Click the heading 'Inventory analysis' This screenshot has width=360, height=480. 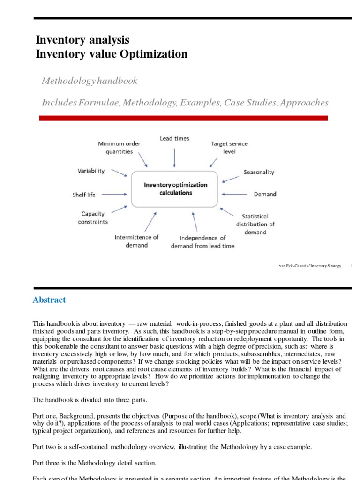click(82, 39)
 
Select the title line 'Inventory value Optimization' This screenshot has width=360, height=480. click(112, 54)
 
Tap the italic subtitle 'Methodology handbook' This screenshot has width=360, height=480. click(90, 81)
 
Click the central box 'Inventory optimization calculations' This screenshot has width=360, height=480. click(174, 188)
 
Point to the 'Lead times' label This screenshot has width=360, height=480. click(174, 139)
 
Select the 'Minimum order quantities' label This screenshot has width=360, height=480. click(119, 148)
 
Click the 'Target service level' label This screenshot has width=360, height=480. click(230, 148)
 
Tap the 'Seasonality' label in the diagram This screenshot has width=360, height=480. click(259, 172)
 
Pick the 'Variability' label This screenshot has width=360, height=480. click(91, 171)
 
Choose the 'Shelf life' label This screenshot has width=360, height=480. click(84, 194)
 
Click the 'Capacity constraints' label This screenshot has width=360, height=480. click(93, 217)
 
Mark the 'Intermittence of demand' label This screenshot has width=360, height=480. click(137, 241)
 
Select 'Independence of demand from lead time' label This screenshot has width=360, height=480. click(202, 241)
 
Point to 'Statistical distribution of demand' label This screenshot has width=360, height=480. click(255, 224)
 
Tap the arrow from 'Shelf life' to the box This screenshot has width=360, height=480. click(113, 194)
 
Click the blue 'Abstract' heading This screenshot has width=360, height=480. click(49, 300)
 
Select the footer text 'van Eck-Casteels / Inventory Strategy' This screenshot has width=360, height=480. click(310, 266)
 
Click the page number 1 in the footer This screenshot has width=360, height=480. click(351, 266)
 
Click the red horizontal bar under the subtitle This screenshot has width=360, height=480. click(183, 118)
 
